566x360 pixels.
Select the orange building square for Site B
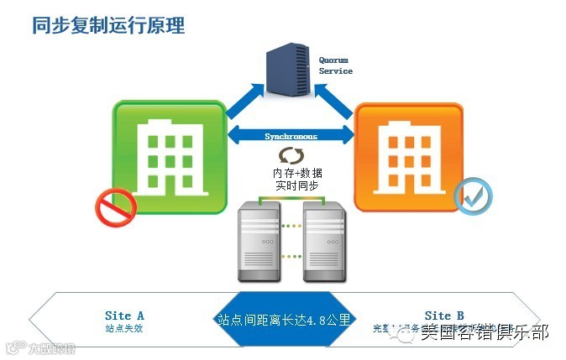[408, 156]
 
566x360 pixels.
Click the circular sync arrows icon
[291, 156]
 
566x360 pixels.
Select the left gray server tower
[259, 243]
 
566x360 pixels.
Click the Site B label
[443, 316]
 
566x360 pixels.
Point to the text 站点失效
[124, 328]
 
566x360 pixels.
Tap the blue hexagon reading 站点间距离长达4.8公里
[283, 319]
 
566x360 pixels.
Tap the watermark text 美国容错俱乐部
[485, 333]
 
